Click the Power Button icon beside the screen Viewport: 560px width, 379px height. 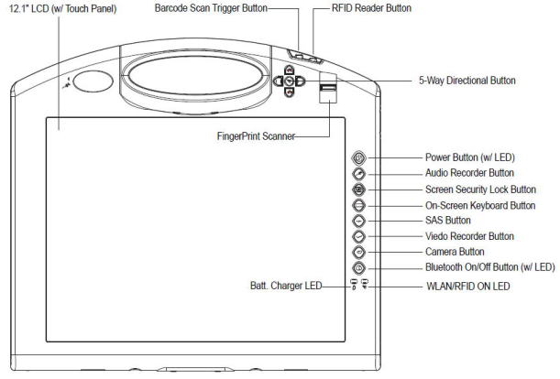[358, 157]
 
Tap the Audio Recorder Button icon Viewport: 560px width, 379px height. [358, 174]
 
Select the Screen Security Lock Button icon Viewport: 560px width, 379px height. [358, 189]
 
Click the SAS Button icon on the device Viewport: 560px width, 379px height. [358, 221]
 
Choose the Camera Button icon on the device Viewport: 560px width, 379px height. [358, 253]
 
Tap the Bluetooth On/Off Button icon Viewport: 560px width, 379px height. [358, 268]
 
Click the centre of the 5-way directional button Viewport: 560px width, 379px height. [290, 81]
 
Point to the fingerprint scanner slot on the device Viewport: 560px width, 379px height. [328, 88]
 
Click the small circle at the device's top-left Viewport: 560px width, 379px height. [93, 81]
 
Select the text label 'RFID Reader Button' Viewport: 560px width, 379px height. [371, 8]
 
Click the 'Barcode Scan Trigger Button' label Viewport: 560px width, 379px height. [211, 8]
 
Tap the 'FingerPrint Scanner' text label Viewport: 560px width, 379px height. [256, 136]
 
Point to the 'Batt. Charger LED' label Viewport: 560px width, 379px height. [286, 286]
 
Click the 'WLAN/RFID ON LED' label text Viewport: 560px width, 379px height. [468, 287]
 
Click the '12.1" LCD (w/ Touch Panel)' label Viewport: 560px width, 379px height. [63, 8]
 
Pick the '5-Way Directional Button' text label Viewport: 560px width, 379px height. [467, 81]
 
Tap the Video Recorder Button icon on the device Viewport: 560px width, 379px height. [358, 236]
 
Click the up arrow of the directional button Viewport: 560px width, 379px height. [289, 70]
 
